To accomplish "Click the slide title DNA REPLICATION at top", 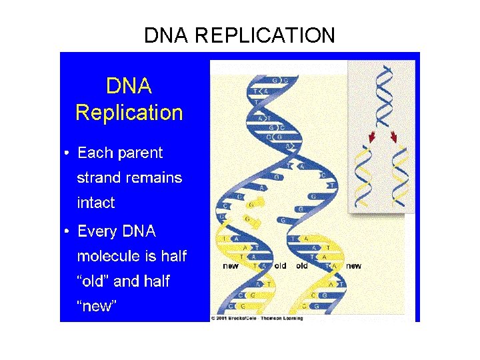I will [239, 35].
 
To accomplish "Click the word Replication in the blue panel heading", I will [129, 112].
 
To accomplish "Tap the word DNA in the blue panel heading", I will [129, 86].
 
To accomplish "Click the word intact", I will [96, 203].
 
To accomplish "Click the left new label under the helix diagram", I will [230, 265].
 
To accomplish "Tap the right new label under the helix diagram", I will [353, 265].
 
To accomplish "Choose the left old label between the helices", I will [280, 265].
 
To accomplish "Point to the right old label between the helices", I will [302, 265].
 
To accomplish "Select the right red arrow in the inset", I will [394, 137].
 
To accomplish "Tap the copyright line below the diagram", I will [257, 318].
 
